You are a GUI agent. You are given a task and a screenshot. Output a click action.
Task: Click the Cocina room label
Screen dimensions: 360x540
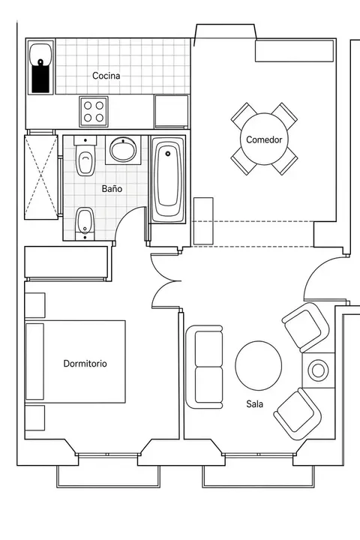pos(106,76)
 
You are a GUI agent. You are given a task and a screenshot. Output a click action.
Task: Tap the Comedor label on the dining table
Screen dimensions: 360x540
pos(264,139)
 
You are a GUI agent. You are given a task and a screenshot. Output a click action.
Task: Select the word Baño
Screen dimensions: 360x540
pos(112,189)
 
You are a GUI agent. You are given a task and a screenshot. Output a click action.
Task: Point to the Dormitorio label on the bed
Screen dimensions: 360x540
pos(85,363)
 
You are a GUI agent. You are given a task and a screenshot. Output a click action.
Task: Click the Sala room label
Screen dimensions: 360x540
pos(254,403)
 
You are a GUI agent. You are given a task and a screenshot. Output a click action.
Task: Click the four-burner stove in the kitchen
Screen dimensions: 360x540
pos(94,112)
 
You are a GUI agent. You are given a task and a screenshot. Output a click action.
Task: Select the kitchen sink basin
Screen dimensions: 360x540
pos(40,54)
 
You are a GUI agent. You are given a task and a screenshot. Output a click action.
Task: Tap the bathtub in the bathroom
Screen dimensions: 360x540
pos(168,179)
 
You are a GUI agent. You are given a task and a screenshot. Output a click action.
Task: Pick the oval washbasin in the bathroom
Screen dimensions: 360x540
pos(123,150)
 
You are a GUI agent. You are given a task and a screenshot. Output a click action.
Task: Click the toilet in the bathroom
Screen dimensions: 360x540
pos(85,156)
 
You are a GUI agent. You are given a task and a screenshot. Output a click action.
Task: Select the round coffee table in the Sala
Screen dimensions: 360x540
pos(258,366)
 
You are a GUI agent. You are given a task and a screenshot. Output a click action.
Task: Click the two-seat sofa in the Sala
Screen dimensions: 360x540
pos(204,367)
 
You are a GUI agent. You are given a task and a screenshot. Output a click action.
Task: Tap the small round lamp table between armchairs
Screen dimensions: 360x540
pos(318,370)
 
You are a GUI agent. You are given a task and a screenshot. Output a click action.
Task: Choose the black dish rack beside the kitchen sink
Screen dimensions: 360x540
pos(40,79)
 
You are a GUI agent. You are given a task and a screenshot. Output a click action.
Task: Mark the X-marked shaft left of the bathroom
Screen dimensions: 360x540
pos(41,177)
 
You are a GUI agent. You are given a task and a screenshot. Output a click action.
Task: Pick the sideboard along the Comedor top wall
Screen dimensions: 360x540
pos(294,51)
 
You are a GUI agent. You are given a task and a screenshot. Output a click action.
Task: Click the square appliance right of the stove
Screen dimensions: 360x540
pos(171,112)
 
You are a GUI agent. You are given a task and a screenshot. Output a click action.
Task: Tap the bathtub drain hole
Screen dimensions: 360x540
pos(168,154)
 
